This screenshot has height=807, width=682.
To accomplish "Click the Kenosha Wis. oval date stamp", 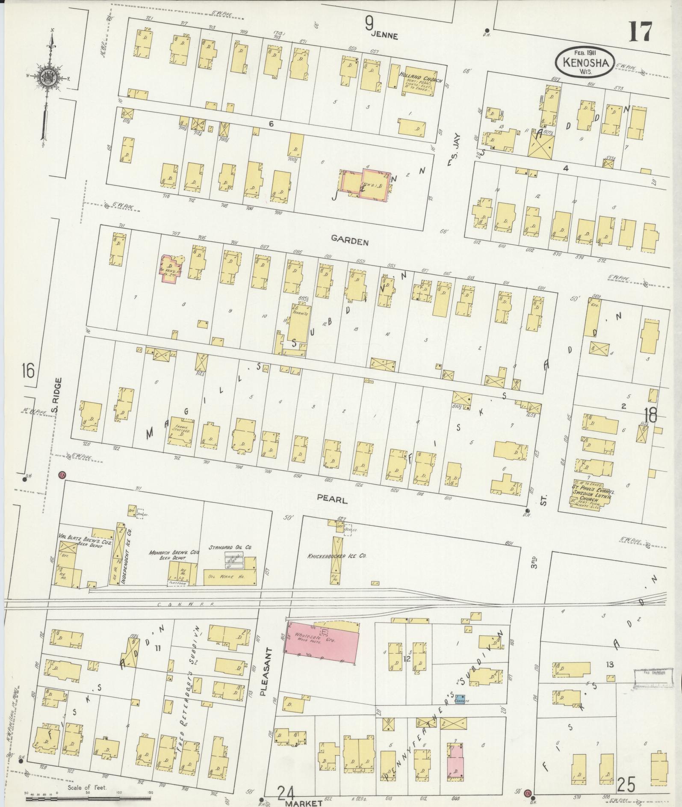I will pos(585,63).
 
